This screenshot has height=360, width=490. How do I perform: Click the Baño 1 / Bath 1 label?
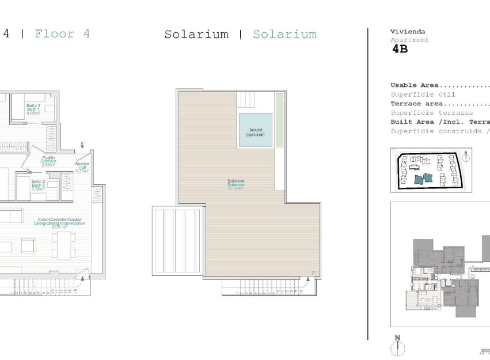[x=33, y=109]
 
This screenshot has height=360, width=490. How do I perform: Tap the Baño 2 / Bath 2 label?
[x=38, y=184]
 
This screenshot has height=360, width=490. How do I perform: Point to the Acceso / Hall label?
[x=82, y=167]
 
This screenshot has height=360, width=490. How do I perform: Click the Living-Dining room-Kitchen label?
[x=60, y=223]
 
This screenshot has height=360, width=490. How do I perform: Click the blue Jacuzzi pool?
[x=255, y=130]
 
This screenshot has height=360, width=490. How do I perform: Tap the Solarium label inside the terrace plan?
[x=236, y=184]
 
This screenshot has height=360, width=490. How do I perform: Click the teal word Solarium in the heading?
[x=285, y=35]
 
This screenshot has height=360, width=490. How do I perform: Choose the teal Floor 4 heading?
[x=62, y=33]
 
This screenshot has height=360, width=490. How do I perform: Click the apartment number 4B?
[x=400, y=49]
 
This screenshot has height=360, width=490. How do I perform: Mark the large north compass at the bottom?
[x=398, y=346]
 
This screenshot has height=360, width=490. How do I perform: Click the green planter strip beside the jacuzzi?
[x=280, y=120]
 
